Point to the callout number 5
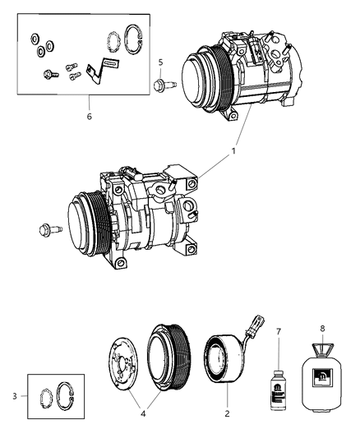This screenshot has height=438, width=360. [161, 62]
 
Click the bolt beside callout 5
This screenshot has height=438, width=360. [163, 83]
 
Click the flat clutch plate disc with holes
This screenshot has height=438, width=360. [134, 371]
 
